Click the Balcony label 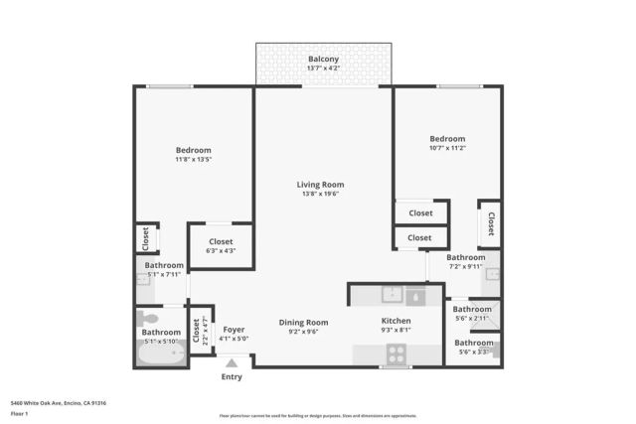click(322, 60)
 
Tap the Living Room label click(320, 184)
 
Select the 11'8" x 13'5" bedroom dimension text click(194, 159)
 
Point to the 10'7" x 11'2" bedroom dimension click(447, 148)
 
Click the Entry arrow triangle click(232, 364)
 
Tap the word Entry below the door click(232, 376)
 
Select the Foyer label click(234, 329)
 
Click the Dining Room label click(303, 322)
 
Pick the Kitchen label click(397, 322)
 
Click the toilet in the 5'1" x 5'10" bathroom click(148, 319)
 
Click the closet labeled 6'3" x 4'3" click(221, 246)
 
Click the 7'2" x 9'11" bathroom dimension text click(465, 266)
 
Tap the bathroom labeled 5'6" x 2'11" click(473, 318)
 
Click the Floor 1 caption click(19, 413)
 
